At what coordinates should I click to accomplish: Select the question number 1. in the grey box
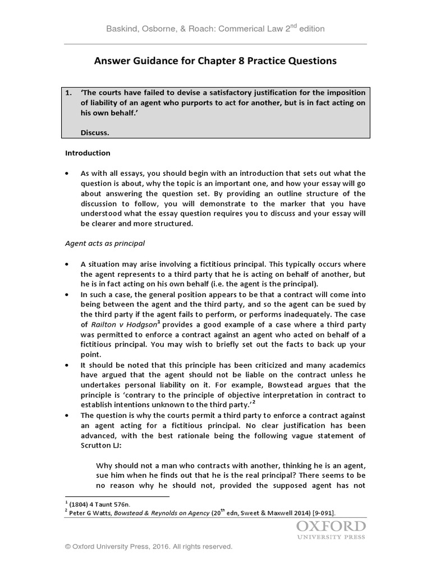pos(69,93)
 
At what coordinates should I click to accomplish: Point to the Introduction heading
pos(88,153)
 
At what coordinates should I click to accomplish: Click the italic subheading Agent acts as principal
pos(105,244)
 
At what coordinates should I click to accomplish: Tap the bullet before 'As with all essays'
pos(68,173)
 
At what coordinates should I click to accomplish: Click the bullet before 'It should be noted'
pos(68,365)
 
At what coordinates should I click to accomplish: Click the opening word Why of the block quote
pos(105,466)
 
